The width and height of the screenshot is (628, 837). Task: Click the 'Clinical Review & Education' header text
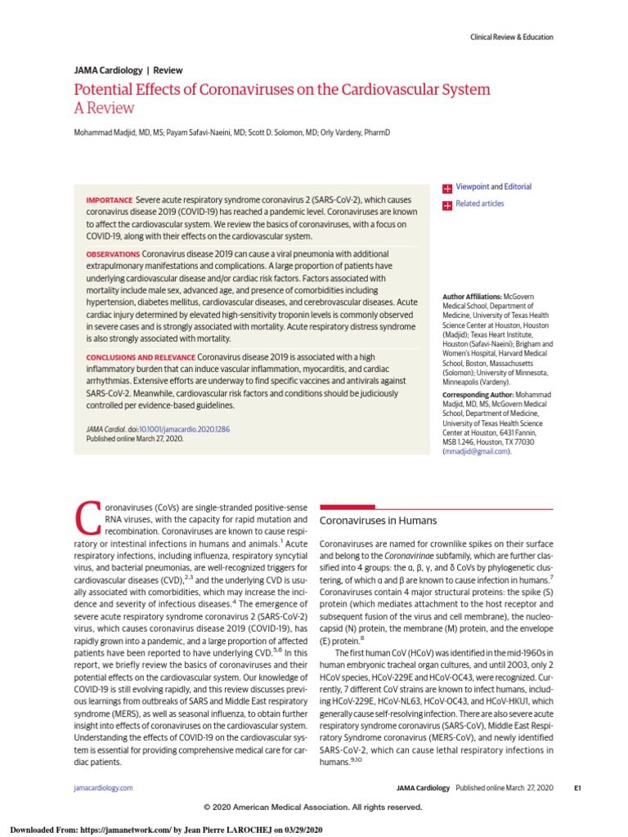click(x=511, y=37)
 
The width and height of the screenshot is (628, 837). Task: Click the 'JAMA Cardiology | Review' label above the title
click(x=128, y=70)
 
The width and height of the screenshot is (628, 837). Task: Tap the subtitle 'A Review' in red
click(x=104, y=108)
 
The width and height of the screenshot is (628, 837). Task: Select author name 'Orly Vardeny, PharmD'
click(x=354, y=132)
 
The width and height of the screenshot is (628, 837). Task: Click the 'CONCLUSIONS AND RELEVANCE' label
click(x=141, y=357)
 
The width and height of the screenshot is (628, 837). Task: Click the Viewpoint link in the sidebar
click(x=472, y=187)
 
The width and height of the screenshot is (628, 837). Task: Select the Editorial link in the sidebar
click(x=518, y=187)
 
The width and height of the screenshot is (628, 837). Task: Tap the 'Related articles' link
click(x=479, y=204)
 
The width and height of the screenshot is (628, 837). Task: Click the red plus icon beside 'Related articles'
click(x=446, y=204)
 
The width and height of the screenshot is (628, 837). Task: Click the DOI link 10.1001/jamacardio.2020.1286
click(x=184, y=428)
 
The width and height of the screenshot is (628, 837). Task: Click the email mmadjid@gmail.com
click(x=475, y=452)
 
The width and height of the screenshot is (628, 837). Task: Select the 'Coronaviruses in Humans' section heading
click(x=378, y=521)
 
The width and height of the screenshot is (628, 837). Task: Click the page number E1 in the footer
click(x=576, y=788)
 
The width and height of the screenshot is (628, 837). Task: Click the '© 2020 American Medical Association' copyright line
click(x=313, y=807)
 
